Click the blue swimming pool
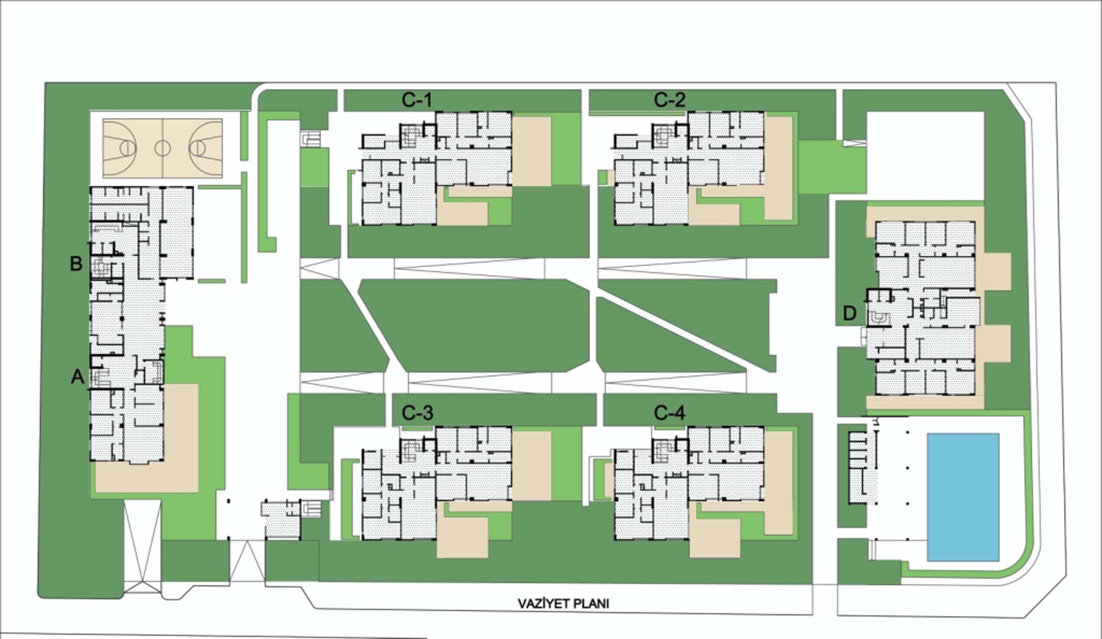click(x=963, y=497)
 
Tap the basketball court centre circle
click(x=163, y=148)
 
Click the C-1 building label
click(x=417, y=100)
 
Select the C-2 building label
click(x=669, y=100)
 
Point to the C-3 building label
click(x=417, y=413)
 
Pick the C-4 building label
click(x=669, y=413)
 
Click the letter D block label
click(x=850, y=313)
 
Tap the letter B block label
click(x=76, y=263)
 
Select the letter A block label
click(x=78, y=377)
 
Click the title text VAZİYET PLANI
click(x=563, y=604)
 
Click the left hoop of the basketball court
click(x=128, y=148)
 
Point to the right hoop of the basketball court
click(x=197, y=148)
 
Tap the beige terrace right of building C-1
click(x=532, y=151)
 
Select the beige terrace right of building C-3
click(x=532, y=466)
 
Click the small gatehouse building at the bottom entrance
click(x=282, y=520)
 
